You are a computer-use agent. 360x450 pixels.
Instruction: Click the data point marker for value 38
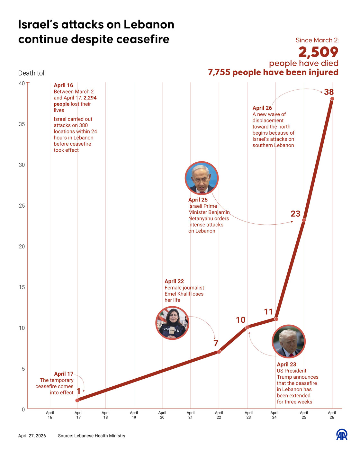[x=332, y=99]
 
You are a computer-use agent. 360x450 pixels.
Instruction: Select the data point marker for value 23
[x=304, y=220]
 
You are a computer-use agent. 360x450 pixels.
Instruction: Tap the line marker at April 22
[x=219, y=352]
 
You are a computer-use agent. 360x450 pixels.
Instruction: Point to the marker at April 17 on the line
[x=77, y=400]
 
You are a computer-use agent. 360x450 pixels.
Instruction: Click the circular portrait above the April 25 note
[x=202, y=178]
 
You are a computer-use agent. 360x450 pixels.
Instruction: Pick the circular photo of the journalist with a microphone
[x=172, y=323]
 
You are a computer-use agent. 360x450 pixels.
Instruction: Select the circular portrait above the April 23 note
[x=288, y=341]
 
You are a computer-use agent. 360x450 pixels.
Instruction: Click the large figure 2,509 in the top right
[x=318, y=52]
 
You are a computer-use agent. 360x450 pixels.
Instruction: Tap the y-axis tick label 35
[x=22, y=124]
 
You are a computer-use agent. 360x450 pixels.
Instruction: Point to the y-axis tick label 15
[x=22, y=287]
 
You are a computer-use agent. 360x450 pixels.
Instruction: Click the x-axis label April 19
[x=134, y=415]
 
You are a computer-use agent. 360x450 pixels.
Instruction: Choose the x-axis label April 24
[x=274, y=415]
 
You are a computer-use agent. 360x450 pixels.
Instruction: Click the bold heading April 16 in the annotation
[x=63, y=85]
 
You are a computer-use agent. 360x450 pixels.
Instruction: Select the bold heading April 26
[x=262, y=108]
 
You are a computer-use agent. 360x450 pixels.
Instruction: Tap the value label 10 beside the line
[x=240, y=320]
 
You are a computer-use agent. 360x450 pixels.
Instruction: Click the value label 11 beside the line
[x=268, y=312]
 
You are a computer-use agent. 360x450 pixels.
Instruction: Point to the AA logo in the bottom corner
[x=342, y=435]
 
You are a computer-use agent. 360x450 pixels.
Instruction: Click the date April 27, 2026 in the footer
[x=32, y=436]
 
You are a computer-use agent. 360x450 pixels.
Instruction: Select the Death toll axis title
[x=32, y=73]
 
